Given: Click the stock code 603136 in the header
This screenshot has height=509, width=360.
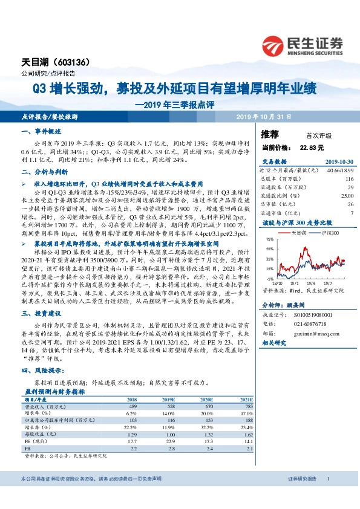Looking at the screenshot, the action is point(73,62).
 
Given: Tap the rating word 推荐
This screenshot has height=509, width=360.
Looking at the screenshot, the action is point(269,134).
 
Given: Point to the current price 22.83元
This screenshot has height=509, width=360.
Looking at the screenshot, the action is point(312,147).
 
